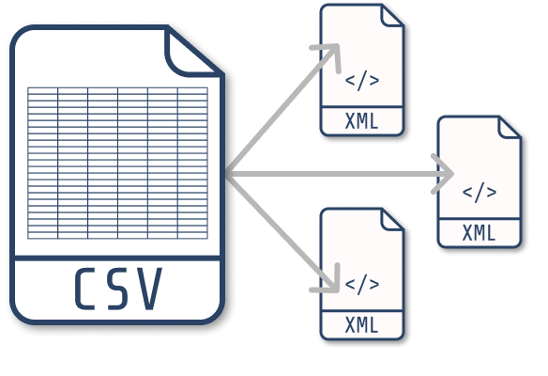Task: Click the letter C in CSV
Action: click(x=85, y=289)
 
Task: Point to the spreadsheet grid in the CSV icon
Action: click(x=118, y=164)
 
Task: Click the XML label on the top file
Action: click(x=361, y=121)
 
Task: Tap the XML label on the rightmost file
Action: click(x=479, y=233)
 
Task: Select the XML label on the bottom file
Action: click(x=361, y=325)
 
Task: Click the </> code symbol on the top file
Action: click(x=362, y=81)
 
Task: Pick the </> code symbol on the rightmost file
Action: click(x=479, y=192)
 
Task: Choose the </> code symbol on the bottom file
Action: click(x=362, y=284)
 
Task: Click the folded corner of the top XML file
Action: click(x=393, y=16)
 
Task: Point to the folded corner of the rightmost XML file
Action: click(x=510, y=128)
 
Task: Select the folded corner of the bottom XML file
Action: click(x=393, y=220)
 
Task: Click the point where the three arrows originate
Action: click(x=228, y=174)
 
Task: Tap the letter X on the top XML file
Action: click(x=350, y=121)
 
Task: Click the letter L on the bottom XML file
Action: click(x=374, y=325)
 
